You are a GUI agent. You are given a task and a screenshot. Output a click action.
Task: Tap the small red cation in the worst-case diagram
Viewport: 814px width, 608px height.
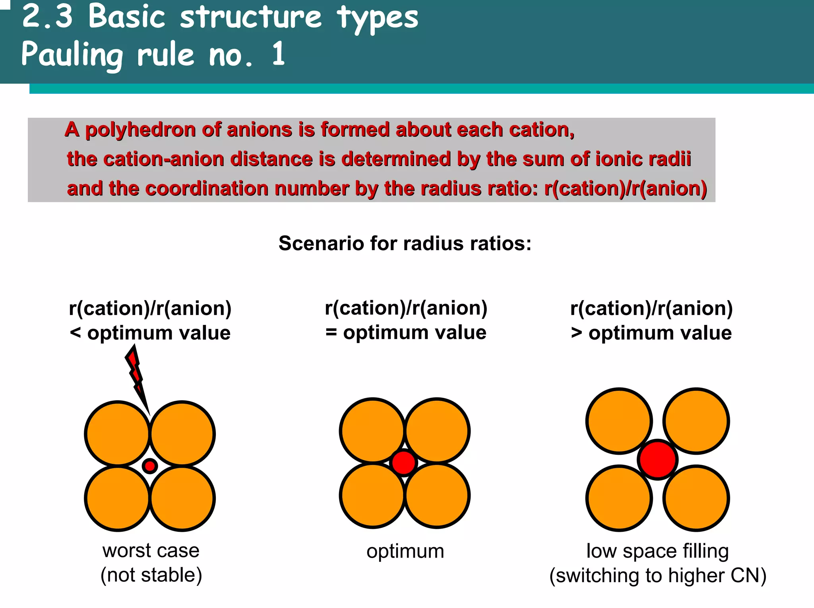150,465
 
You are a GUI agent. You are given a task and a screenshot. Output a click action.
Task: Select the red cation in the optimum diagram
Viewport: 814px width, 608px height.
403,463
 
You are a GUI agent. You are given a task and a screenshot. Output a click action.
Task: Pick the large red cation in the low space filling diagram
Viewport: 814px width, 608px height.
657,459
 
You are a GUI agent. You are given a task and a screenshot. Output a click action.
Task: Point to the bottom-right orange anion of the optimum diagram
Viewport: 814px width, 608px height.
437,496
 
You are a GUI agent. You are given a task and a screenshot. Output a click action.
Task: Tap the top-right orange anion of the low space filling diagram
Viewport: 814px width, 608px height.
696,421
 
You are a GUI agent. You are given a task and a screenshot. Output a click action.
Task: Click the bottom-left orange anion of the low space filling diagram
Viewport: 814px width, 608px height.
619,498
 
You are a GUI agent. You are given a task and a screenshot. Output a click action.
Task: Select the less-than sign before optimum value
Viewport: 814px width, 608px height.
75,333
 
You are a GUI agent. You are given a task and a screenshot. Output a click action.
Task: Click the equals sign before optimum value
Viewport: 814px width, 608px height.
331,332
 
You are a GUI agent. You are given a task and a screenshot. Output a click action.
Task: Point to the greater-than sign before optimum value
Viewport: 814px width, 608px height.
576,333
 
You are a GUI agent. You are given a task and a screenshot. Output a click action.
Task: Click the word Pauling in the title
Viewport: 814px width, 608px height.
72,55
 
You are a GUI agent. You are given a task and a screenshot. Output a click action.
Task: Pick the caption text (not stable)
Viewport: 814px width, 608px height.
151,575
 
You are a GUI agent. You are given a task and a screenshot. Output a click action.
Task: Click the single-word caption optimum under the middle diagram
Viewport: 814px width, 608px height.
405,551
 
